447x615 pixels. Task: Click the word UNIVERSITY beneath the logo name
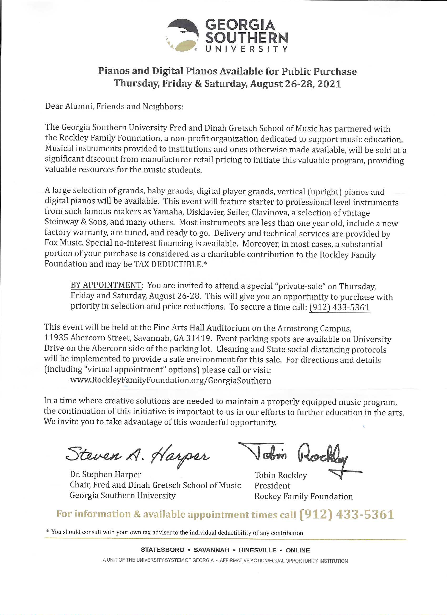pyautogui.click(x=246, y=49)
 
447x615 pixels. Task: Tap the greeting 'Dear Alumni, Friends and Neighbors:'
pyautogui.click(x=114, y=106)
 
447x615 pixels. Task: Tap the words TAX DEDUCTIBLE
pyautogui.click(x=168, y=264)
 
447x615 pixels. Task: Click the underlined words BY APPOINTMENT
pyautogui.click(x=106, y=285)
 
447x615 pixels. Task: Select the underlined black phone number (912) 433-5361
pyautogui.click(x=339, y=307)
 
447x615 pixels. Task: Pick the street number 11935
pyautogui.click(x=56, y=338)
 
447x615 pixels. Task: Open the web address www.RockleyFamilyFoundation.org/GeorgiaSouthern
pyautogui.click(x=170, y=380)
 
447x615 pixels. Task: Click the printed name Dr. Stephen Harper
pyautogui.click(x=105, y=474)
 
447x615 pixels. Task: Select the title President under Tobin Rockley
pyautogui.click(x=272, y=486)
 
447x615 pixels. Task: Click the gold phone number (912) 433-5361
pyautogui.click(x=347, y=515)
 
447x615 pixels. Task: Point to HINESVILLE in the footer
pyautogui.click(x=257, y=550)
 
